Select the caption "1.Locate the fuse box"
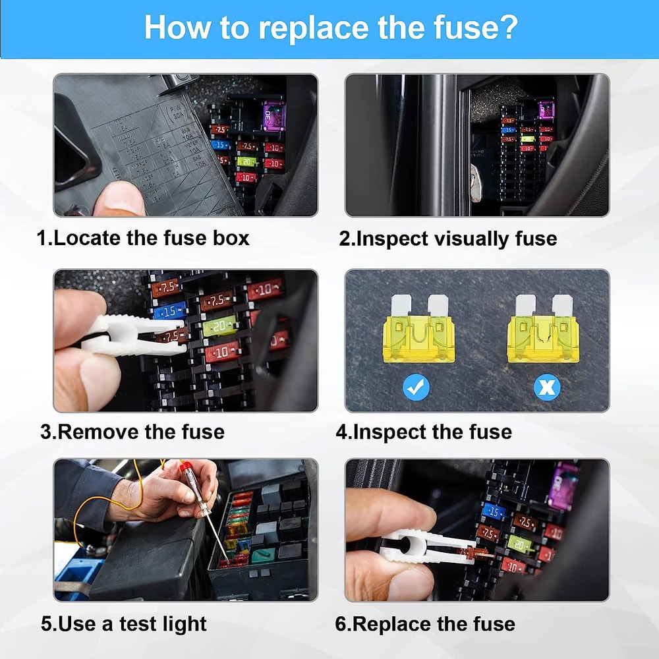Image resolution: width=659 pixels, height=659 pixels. (144, 238)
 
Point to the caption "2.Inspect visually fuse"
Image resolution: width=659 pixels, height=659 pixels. (447, 238)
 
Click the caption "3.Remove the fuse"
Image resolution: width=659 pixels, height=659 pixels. (132, 432)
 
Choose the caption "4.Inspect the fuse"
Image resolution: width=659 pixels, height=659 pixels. (424, 432)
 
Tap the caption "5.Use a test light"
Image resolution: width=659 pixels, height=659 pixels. (124, 623)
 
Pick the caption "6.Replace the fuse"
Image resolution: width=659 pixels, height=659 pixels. (425, 623)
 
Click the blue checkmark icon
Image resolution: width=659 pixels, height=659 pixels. (416, 387)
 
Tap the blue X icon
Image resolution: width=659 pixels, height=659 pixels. (546, 387)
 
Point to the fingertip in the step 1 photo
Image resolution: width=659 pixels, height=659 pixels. (119, 199)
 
